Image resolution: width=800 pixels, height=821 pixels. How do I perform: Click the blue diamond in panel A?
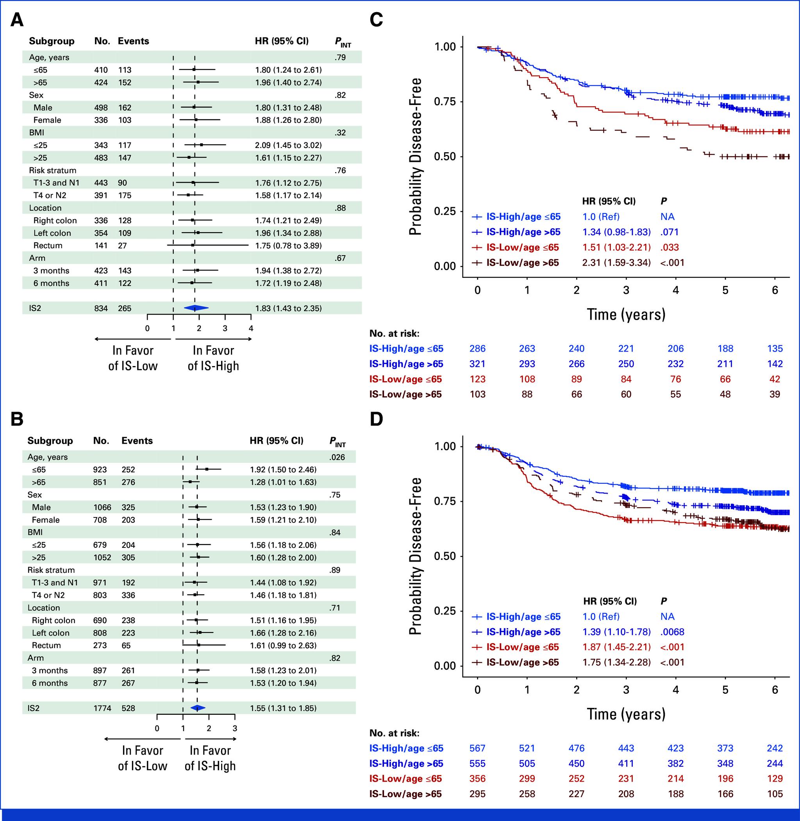(196, 308)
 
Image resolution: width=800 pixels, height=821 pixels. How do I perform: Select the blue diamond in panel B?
(198, 708)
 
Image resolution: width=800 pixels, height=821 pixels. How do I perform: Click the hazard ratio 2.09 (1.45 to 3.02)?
(288, 145)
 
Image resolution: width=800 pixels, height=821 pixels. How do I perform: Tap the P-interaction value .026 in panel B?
(337, 457)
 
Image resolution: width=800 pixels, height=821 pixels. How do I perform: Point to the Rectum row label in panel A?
(48, 245)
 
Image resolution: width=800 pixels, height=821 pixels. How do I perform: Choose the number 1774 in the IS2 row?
(102, 708)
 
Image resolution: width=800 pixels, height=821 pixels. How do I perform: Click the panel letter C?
(376, 20)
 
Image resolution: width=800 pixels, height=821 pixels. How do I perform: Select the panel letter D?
(376, 419)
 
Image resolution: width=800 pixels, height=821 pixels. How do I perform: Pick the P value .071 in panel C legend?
(669, 232)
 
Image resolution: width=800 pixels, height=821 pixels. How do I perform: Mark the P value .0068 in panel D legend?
(672, 632)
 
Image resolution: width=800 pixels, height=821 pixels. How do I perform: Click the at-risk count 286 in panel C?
(477, 348)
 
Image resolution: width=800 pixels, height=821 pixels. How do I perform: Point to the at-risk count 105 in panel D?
(774, 794)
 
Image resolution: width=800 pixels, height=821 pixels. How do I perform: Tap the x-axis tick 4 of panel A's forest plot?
(251, 328)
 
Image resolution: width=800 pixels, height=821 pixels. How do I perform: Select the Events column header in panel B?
(137, 441)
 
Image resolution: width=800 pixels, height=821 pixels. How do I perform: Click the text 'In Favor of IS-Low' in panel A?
(133, 358)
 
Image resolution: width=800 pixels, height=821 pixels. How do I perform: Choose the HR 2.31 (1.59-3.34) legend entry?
(616, 263)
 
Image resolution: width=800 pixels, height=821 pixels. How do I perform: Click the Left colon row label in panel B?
(50, 633)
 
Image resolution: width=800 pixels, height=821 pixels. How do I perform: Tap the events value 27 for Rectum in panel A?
(122, 245)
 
